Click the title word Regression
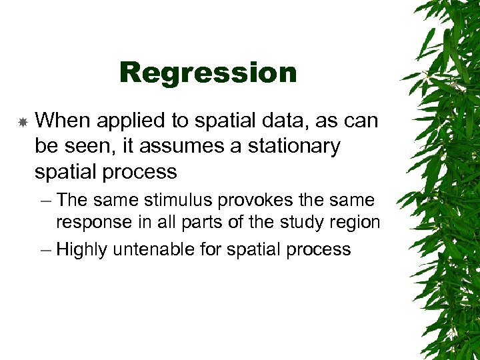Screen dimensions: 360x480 [x=208, y=73]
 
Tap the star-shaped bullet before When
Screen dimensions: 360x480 [x=22, y=122]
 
